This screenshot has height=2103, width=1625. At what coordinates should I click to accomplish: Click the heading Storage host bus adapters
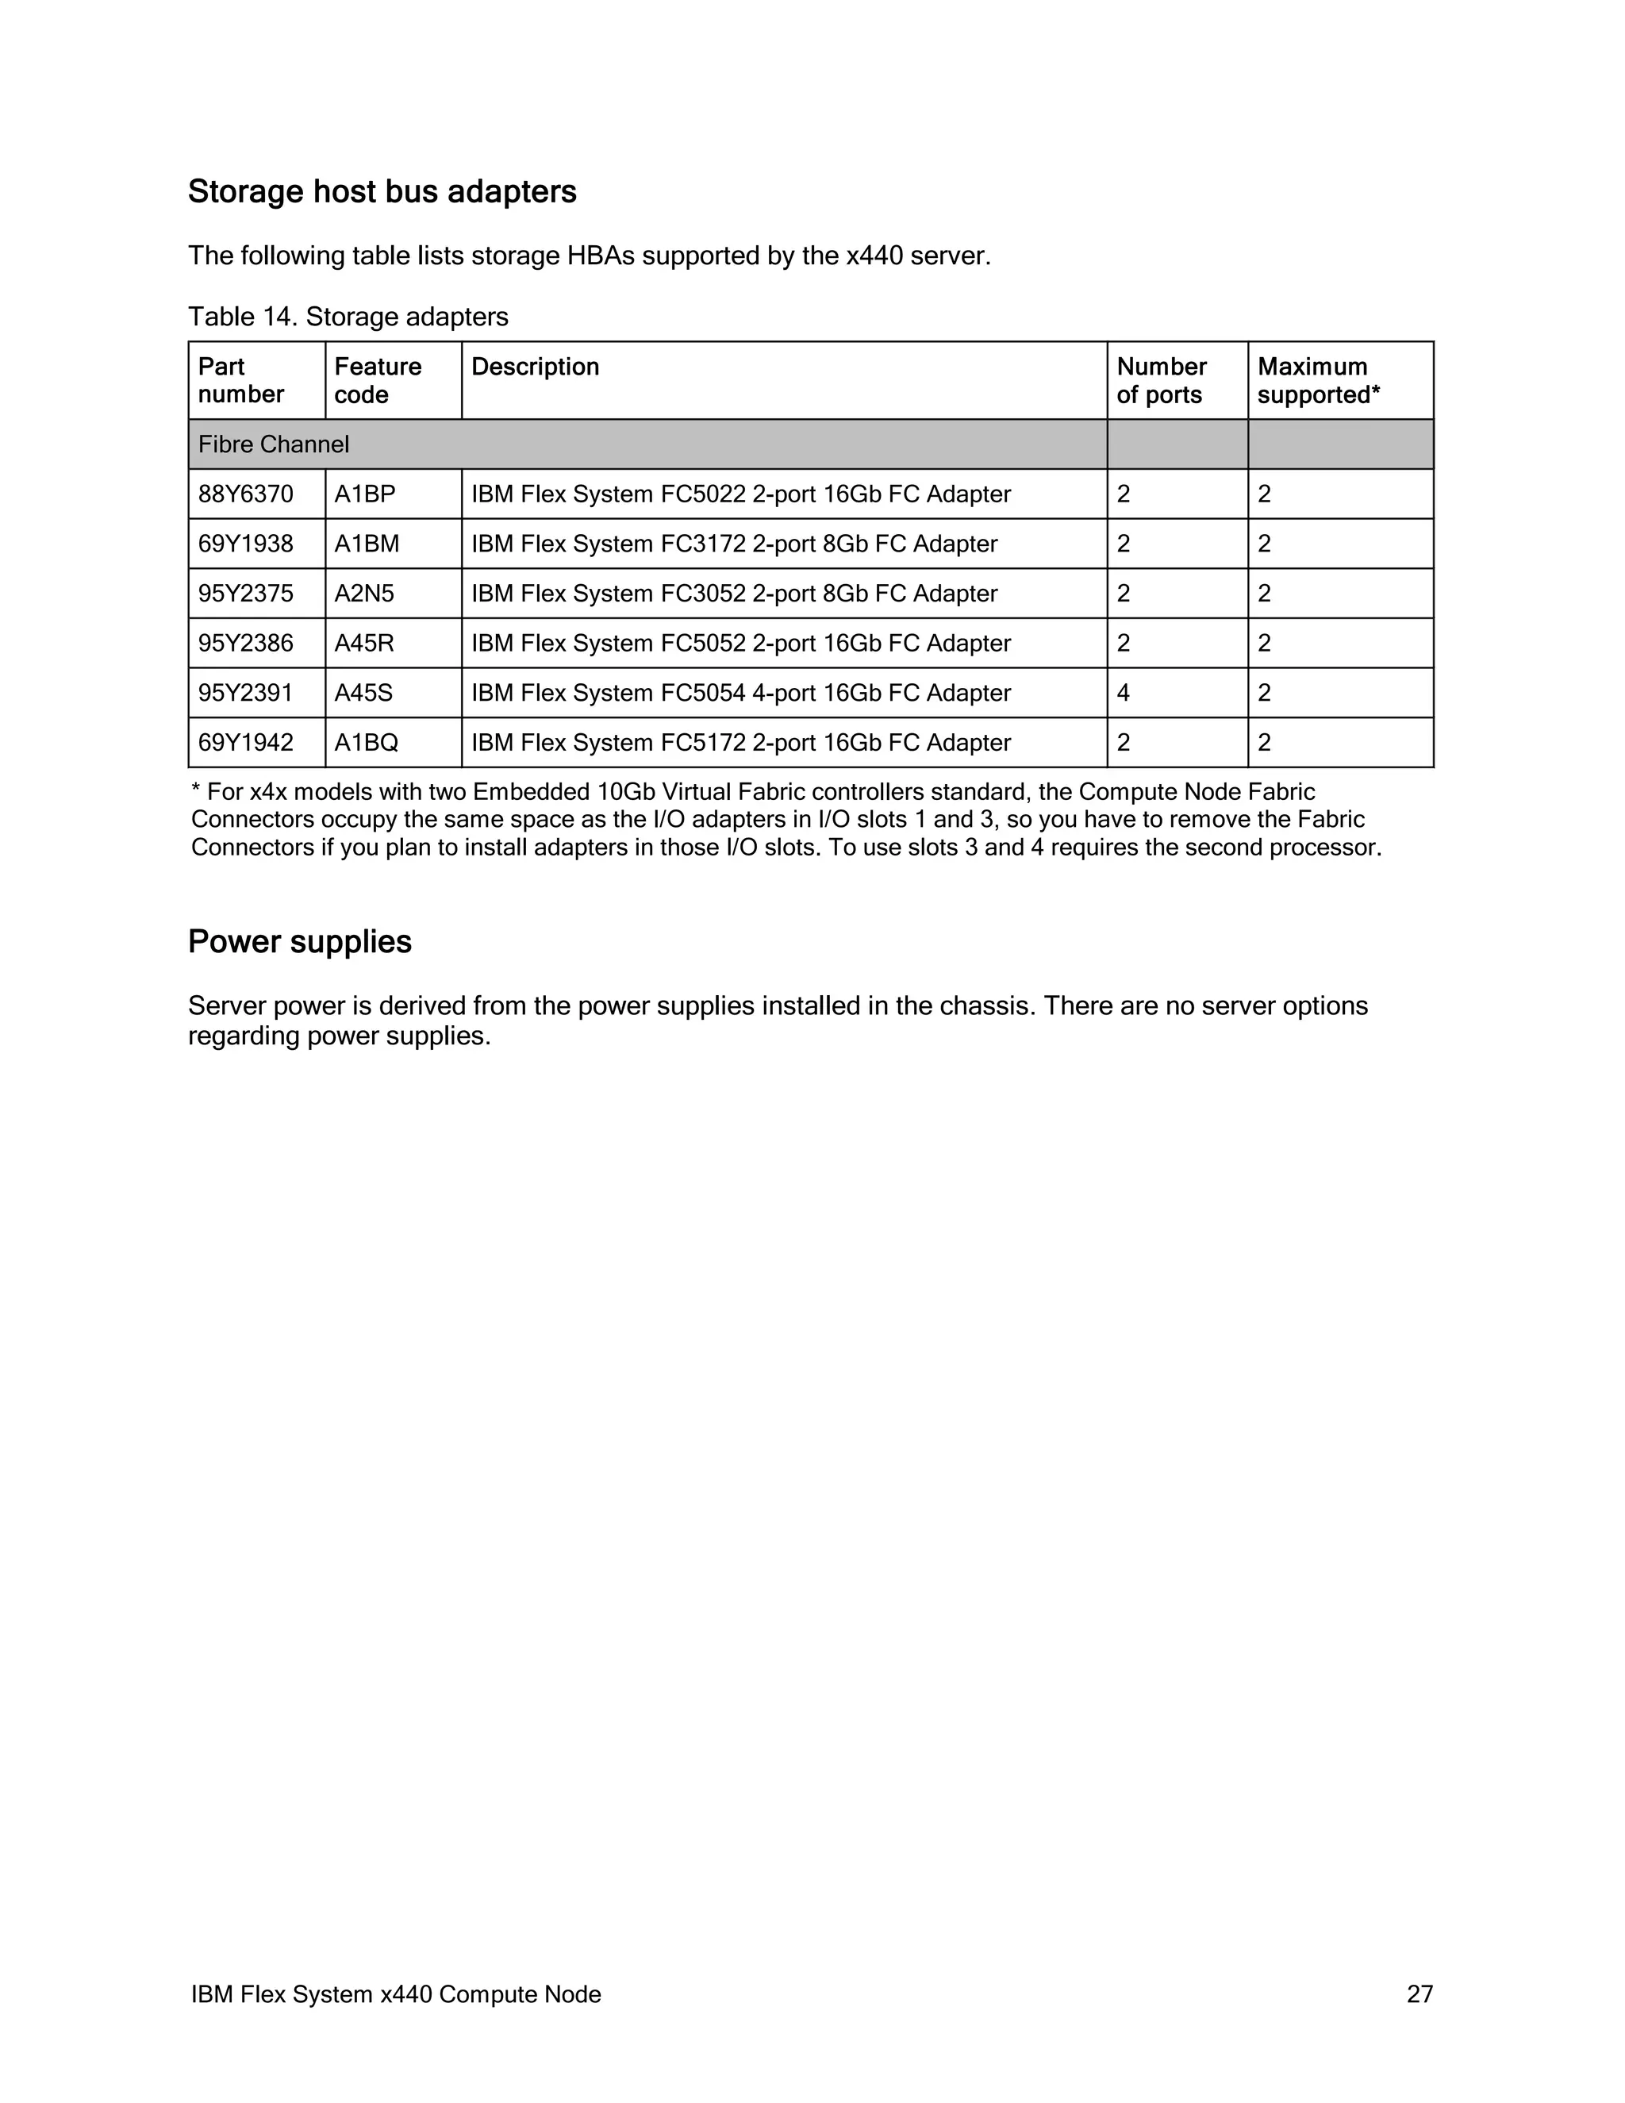click(382, 191)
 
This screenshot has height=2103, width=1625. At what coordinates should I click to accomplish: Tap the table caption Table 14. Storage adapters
click(348, 317)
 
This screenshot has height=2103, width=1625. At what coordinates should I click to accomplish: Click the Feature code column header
click(378, 380)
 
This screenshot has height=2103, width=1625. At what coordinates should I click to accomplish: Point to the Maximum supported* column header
click(1318, 380)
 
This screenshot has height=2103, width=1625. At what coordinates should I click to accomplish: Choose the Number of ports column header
click(1161, 380)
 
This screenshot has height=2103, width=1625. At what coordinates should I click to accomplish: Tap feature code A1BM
click(367, 544)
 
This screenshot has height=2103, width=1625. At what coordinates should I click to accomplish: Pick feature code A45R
click(364, 644)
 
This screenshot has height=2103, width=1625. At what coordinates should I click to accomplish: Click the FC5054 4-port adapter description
click(740, 694)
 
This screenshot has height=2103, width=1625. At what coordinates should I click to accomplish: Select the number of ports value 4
click(1124, 694)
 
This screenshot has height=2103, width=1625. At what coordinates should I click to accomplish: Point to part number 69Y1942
click(245, 743)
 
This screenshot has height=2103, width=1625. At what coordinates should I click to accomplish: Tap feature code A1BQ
click(367, 743)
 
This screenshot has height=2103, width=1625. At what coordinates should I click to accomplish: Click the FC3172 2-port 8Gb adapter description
click(734, 544)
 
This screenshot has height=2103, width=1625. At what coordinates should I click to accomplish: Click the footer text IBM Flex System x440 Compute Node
click(396, 1994)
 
